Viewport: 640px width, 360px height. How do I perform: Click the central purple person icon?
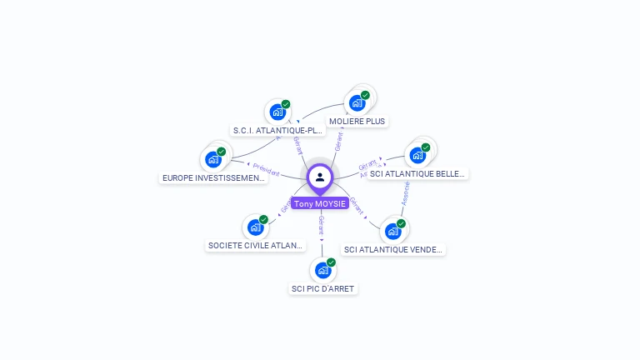click(320, 177)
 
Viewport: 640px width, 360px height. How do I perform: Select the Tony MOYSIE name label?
click(320, 203)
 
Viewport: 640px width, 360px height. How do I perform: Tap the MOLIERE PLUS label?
click(357, 121)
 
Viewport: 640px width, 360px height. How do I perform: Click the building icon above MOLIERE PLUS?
click(357, 103)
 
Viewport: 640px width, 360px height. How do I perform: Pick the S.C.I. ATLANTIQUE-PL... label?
click(277, 130)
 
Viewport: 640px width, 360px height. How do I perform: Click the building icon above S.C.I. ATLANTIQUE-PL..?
click(277, 112)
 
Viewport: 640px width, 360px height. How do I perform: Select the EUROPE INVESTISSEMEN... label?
click(214, 177)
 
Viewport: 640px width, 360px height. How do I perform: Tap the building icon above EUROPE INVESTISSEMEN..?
click(214, 159)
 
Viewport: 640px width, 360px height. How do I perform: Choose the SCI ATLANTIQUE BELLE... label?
click(417, 173)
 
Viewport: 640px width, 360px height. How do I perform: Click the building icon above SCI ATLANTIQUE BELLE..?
click(417, 155)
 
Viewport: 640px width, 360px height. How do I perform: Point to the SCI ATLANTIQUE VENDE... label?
click(393, 249)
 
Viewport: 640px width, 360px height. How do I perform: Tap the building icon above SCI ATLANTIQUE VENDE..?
click(393, 231)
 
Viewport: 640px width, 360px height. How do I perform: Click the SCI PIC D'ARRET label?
click(322, 288)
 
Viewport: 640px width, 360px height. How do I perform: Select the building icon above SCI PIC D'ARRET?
click(322, 270)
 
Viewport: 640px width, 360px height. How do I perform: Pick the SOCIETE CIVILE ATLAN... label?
click(255, 245)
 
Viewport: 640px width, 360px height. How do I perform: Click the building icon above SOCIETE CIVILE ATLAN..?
click(255, 227)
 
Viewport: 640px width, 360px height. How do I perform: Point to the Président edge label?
click(266, 171)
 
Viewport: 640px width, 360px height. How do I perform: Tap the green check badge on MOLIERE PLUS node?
click(365, 95)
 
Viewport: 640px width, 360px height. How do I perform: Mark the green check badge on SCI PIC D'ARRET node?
click(331, 262)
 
